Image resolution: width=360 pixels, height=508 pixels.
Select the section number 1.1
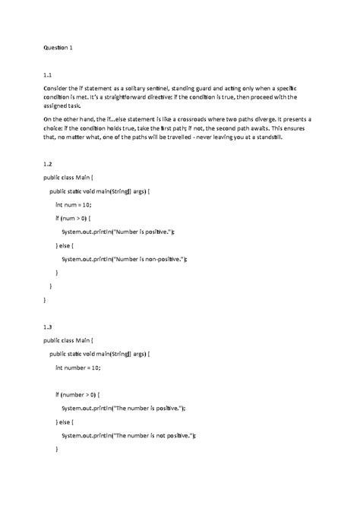point(47,75)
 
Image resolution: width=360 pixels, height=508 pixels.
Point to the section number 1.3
point(47,327)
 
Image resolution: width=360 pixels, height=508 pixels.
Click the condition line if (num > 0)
point(77,218)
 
